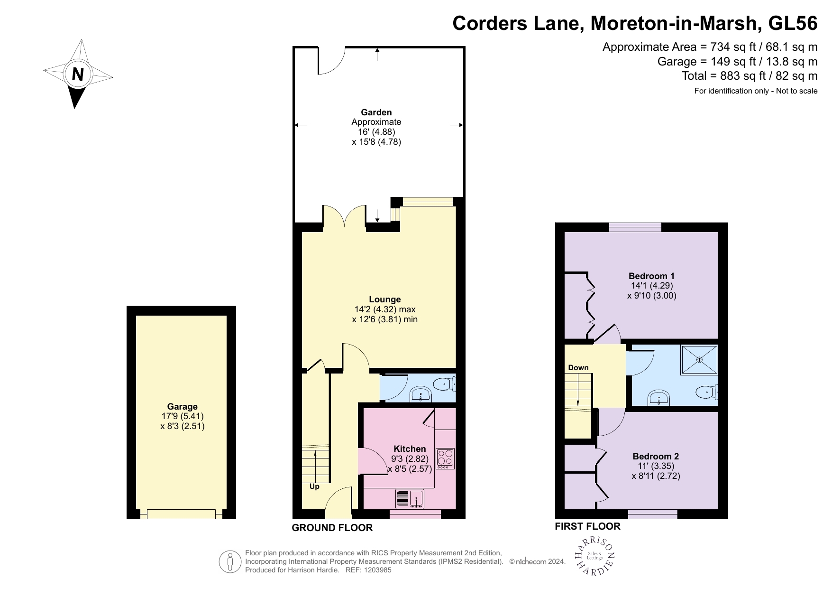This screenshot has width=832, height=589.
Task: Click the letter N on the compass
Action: click(x=78, y=74)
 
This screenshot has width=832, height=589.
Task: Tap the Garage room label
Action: click(x=182, y=406)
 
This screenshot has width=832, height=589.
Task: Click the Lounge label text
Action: click(x=384, y=299)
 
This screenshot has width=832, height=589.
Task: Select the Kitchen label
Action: click(x=410, y=449)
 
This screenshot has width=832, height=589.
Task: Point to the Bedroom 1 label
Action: click(x=651, y=276)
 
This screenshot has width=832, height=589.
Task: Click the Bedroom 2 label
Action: click(x=656, y=456)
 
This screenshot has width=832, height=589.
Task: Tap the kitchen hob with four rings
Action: click(x=445, y=458)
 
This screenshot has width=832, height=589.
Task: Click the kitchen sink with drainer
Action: click(x=410, y=499)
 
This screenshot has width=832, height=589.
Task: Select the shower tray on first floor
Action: click(x=699, y=360)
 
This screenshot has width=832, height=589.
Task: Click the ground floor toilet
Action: click(x=445, y=383)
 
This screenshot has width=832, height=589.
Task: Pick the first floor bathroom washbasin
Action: click(x=659, y=398)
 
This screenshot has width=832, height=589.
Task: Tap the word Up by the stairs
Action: click(x=314, y=486)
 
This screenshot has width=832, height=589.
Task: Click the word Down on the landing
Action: click(x=578, y=367)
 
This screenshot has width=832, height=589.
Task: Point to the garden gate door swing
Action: click(x=331, y=61)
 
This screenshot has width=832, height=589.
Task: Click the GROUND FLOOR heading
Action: click(x=332, y=528)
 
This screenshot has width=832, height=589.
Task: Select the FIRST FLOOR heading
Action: click(x=587, y=526)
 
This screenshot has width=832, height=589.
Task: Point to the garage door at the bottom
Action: click(x=181, y=514)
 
